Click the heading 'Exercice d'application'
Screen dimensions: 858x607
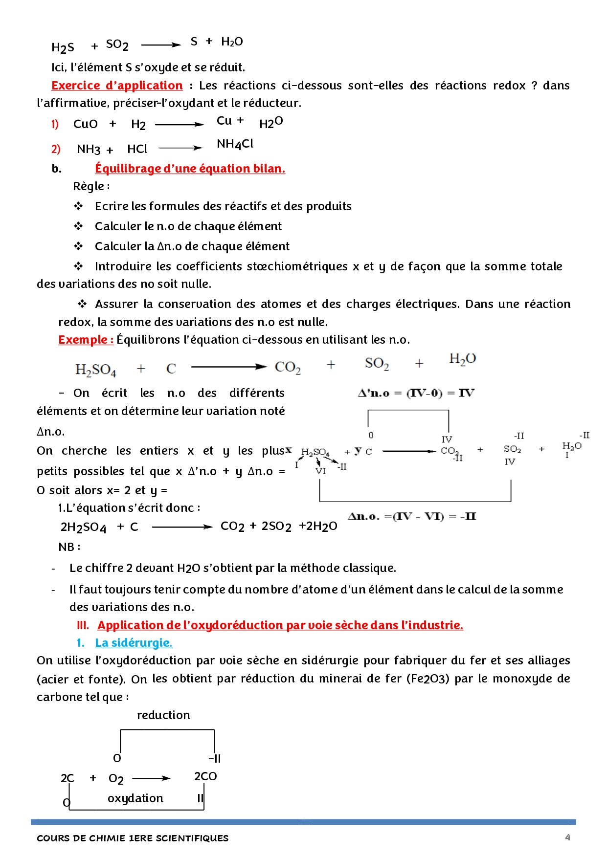(117, 86)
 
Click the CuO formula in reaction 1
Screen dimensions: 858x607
(86, 124)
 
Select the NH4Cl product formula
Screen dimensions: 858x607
(235, 144)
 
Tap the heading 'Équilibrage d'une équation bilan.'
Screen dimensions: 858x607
(190, 169)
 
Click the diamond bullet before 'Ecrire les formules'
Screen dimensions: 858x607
(78, 206)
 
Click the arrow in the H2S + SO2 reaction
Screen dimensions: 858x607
(161, 45)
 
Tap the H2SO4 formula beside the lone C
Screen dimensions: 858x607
(96, 369)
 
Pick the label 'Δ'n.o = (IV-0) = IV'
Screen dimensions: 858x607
(416, 393)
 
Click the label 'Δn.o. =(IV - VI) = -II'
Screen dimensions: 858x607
(412, 516)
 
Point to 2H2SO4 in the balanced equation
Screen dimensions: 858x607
(83, 527)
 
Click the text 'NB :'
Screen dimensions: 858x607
(69, 547)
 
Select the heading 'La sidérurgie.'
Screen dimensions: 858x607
(134, 643)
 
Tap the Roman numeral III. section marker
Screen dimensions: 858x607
(83, 625)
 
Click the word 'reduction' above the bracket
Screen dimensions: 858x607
(163, 715)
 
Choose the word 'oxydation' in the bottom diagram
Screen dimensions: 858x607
(135, 798)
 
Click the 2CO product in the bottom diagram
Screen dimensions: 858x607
(205, 776)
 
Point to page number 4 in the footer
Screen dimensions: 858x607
(567, 837)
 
